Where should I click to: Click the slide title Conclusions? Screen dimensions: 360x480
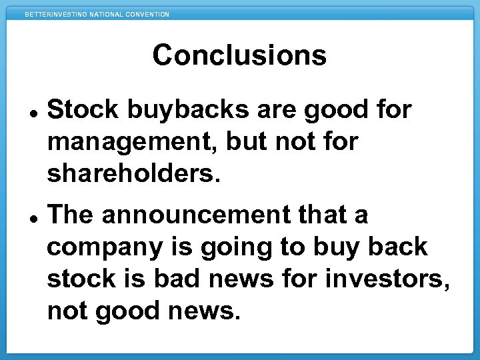(239, 55)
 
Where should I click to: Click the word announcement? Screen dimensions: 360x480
(196, 215)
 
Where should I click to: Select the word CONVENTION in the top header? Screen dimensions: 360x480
(147, 14)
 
